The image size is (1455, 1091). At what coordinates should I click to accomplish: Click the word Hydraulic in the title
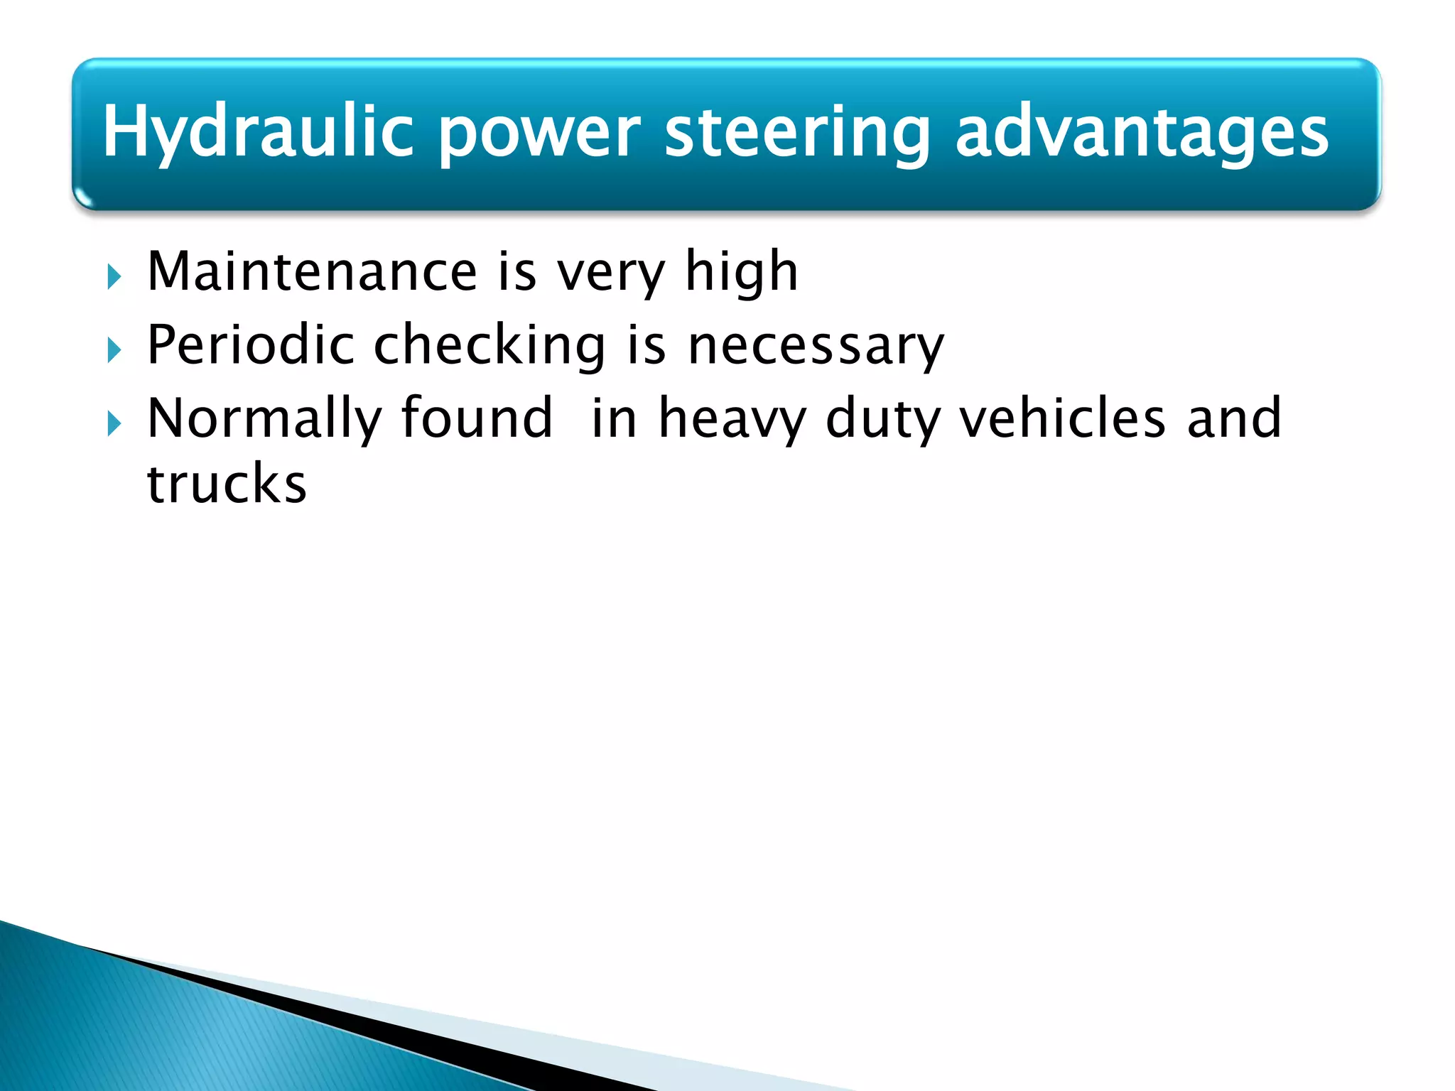(258, 132)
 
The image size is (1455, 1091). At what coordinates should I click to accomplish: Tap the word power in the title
(539, 132)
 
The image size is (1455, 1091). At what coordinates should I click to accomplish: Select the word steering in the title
(797, 132)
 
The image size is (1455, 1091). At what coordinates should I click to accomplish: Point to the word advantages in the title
(1141, 132)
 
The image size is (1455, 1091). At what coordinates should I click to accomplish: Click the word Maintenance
(312, 271)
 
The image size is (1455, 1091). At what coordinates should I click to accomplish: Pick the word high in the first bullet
(742, 273)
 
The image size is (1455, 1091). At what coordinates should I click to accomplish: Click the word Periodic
(250, 345)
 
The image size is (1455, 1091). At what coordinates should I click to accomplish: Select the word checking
(489, 345)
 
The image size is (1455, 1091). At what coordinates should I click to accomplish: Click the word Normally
(264, 419)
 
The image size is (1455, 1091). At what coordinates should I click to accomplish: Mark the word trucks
(227, 484)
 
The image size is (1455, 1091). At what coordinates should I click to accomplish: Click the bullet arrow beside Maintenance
(114, 276)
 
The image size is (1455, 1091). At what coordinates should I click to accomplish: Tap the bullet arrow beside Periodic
(114, 350)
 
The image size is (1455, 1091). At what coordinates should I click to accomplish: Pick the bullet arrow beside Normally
(114, 424)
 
